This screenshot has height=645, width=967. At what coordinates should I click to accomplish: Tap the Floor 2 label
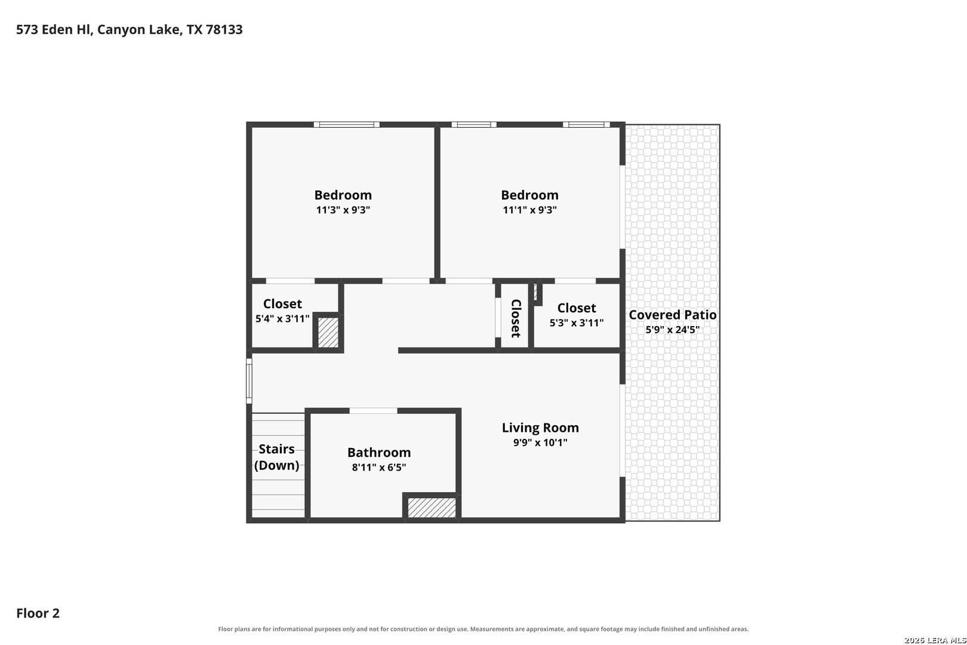(38, 613)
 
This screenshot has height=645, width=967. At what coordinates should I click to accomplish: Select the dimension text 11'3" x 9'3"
(343, 210)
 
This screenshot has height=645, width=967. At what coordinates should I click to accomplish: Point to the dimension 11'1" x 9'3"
(529, 210)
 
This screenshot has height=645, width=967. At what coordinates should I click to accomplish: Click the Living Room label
(540, 428)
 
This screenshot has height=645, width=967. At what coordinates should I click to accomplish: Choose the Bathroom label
(379, 452)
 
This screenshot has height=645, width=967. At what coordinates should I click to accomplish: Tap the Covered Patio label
(673, 315)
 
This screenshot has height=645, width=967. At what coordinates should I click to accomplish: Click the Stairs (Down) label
(277, 457)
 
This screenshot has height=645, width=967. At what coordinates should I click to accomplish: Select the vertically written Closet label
(516, 318)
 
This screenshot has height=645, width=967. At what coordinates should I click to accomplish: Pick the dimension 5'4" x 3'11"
(282, 319)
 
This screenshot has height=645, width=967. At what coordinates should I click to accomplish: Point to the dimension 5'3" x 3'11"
(576, 323)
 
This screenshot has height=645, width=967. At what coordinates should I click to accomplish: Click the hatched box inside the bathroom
(432, 508)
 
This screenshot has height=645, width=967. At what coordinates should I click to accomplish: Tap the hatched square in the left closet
(328, 333)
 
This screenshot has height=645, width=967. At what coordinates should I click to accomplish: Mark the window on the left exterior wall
(249, 381)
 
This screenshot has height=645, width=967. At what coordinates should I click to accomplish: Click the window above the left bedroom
(347, 124)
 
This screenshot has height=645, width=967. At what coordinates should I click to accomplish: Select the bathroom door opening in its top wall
(374, 410)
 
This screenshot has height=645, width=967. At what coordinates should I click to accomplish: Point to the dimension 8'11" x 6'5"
(379, 468)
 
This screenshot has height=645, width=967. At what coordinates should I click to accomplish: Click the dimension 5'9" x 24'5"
(673, 330)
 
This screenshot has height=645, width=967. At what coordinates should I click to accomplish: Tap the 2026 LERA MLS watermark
(935, 640)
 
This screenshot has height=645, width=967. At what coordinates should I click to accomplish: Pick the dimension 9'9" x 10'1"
(540, 443)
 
